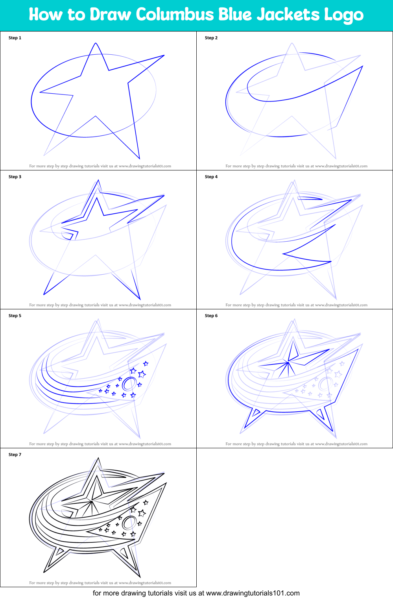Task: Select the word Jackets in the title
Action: pyautogui.click(x=288, y=15)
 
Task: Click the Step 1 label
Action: pyautogui.click(x=15, y=38)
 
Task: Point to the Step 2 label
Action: pyautogui.click(x=211, y=38)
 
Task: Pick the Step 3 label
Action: pyautogui.click(x=15, y=177)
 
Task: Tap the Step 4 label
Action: pyautogui.click(x=211, y=177)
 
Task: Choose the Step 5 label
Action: pyautogui.click(x=15, y=316)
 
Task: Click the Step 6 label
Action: pyautogui.click(x=211, y=316)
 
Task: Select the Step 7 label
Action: pyautogui.click(x=15, y=455)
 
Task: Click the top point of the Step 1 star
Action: pyautogui.click(x=96, y=43)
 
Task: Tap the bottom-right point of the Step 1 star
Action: pyautogui.click(x=139, y=159)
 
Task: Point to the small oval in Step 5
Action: pyautogui.click(x=129, y=383)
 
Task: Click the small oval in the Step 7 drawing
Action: pyautogui.click(x=129, y=522)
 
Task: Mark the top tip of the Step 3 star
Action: pyautogui.click(x=98, y=181)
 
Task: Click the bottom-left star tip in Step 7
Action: pyautogui.click(x=44, y=572)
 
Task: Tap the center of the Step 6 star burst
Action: pyautogui.click(x=288, y=361)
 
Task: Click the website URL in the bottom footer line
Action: pyautogui.click(x=253, y=593)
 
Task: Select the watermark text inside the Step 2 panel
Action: pyautogui.click(x=296, y=166)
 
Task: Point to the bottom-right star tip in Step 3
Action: pyautogui.click(x=140, y=299)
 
